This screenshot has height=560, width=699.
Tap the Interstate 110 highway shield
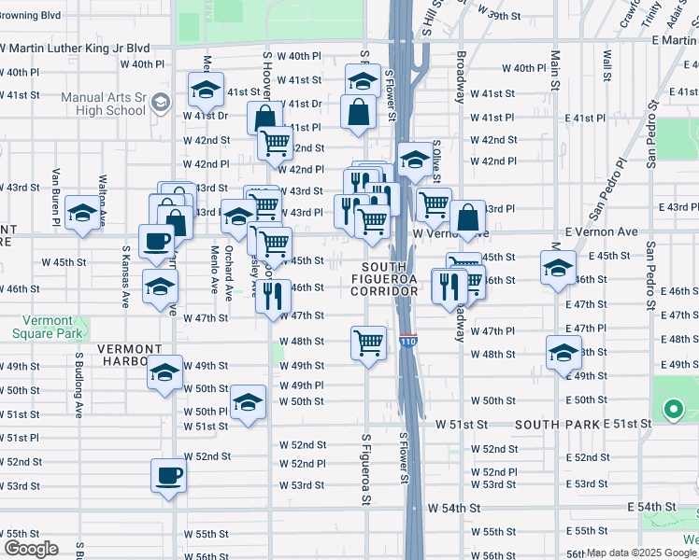click(408, 342)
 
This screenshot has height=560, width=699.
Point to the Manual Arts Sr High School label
click(104, 104)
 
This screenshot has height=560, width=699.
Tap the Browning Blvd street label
click(31, 16)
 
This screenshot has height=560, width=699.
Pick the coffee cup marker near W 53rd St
click(169, 475)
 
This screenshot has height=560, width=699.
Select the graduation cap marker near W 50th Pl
click(247, 402)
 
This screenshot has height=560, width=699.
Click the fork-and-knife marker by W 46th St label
click(273, 295)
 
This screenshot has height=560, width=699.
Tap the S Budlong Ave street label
click(78, 384)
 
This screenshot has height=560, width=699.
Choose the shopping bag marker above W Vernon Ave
click(467, 217)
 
